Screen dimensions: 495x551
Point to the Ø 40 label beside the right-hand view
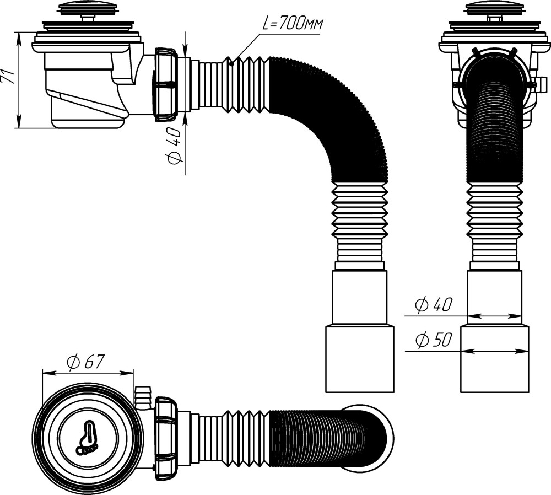434,305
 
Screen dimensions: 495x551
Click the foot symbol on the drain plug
86,438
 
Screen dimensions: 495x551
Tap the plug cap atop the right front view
494,8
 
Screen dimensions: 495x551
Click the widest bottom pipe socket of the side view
359,358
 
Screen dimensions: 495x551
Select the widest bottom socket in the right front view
494,358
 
